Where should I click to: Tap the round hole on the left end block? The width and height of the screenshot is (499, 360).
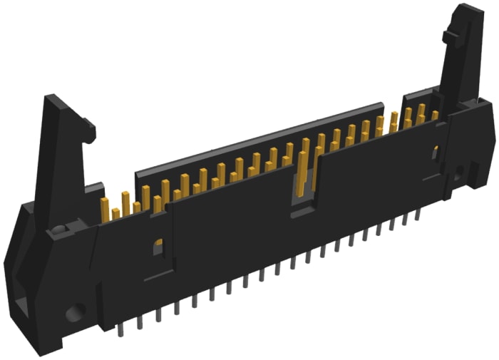tap(75, 312)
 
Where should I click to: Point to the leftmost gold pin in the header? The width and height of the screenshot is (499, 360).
tap(105, 209)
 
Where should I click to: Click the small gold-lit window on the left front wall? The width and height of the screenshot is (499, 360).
tap(158, 246)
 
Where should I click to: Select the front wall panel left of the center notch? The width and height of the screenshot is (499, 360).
tap(228, 235)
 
